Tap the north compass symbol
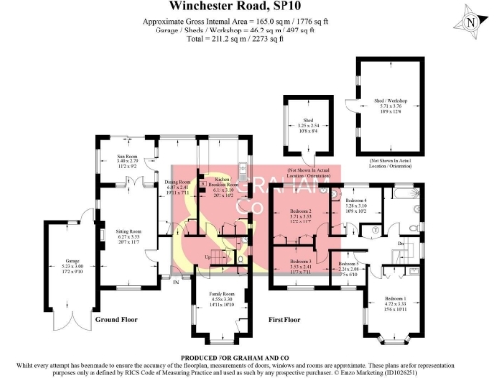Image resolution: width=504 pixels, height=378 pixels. click(x=473, y=22)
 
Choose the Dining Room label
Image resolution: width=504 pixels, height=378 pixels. click(x=175, y=184)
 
